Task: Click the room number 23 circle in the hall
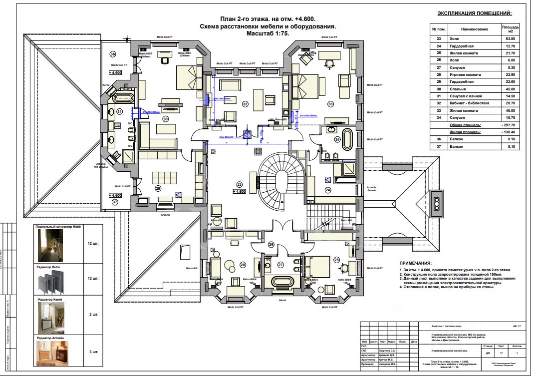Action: coord(239,184)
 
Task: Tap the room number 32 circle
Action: coord(245,104)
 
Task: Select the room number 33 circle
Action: coord(330,104)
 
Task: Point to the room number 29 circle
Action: coord(158,189)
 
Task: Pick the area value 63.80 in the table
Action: coord(510,38)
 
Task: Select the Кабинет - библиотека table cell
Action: coord(470,103)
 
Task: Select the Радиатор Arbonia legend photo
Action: coord(55,354)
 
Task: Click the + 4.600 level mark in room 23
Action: coord(240,192)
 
